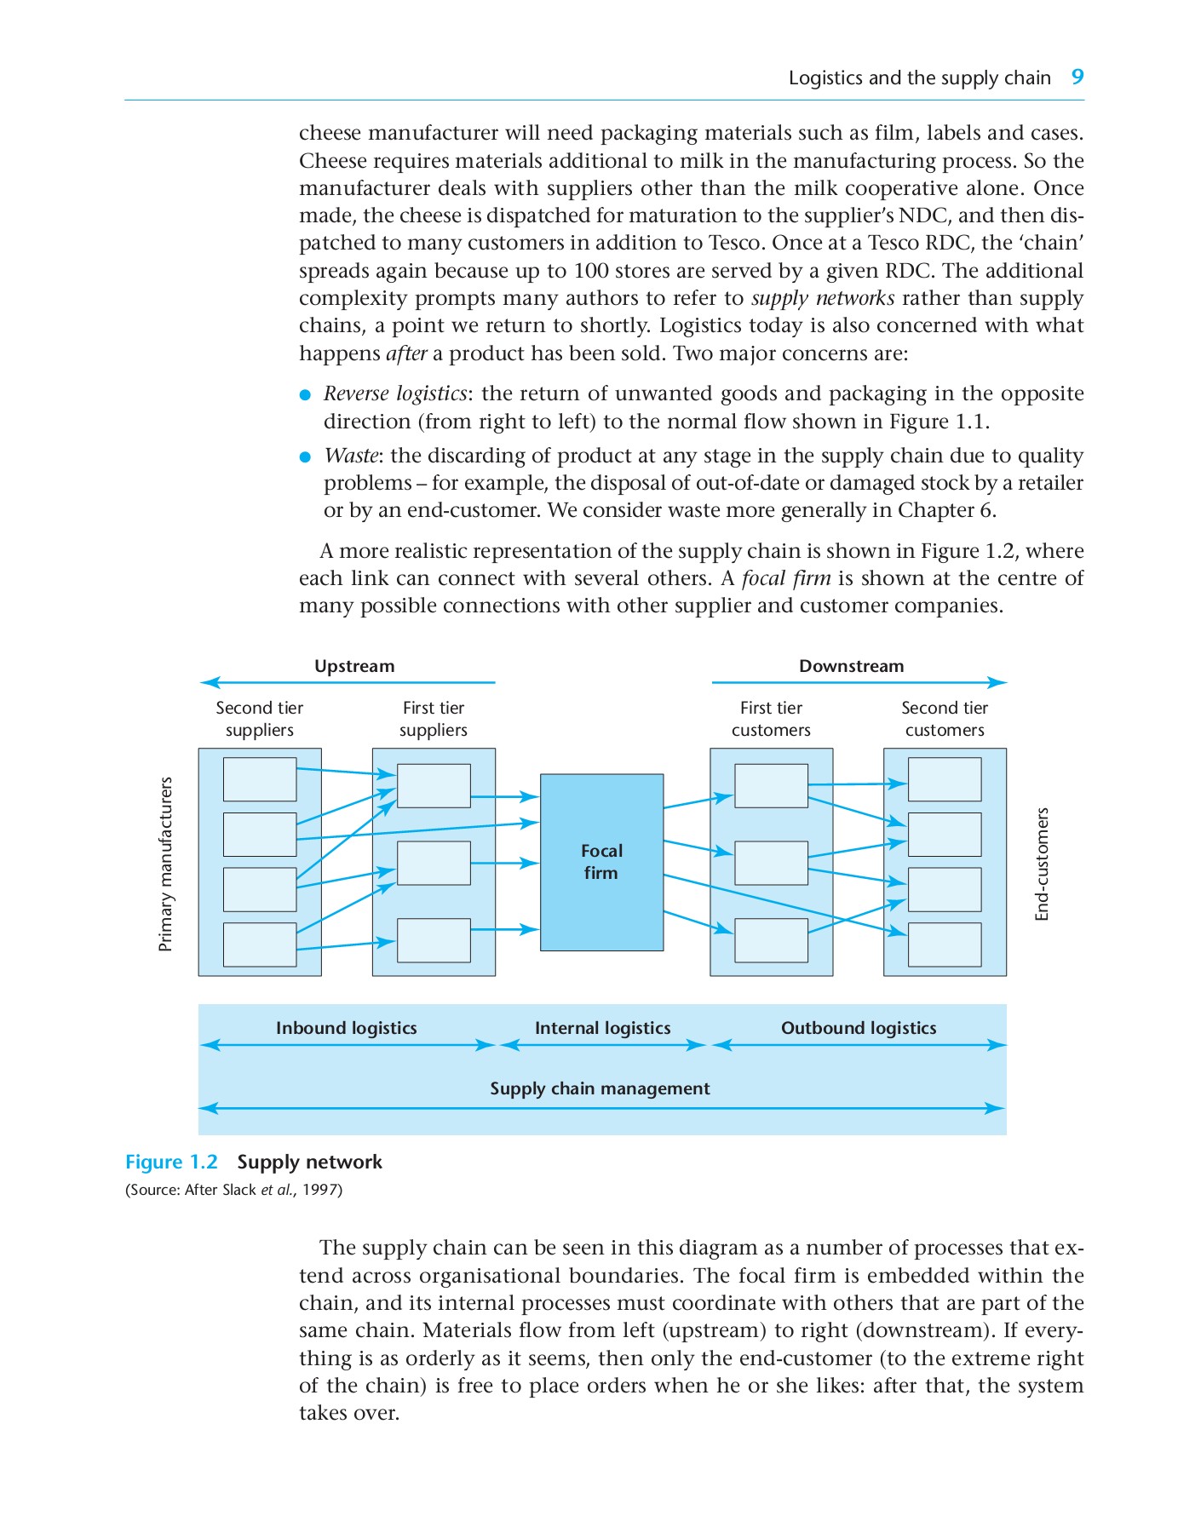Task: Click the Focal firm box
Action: click(601, 862)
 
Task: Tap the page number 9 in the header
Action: click(1077, 78)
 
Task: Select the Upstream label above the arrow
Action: click(354, 666)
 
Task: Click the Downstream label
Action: click(851, 666)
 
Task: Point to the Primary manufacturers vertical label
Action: click(166, 864)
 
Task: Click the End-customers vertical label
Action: click(1042, 864)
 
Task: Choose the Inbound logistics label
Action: click(346, 1028)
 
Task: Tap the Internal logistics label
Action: click(602, 1028)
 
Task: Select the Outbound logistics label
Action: click(858, 1028)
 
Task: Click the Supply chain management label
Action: click(600, 1088)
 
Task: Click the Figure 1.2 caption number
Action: click(171, 1162)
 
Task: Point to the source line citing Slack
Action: click(233, 1190)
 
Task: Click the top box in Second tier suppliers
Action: click(260, 779)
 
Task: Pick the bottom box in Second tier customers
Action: click(944, 944)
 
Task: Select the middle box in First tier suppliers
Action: click(434, 863)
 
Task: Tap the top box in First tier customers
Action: click(771, 785)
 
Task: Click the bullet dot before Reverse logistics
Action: click(306, 395)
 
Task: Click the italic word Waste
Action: click(350, 456)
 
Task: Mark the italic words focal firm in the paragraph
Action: click(785, 578)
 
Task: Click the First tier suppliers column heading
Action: click(433, 719)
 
